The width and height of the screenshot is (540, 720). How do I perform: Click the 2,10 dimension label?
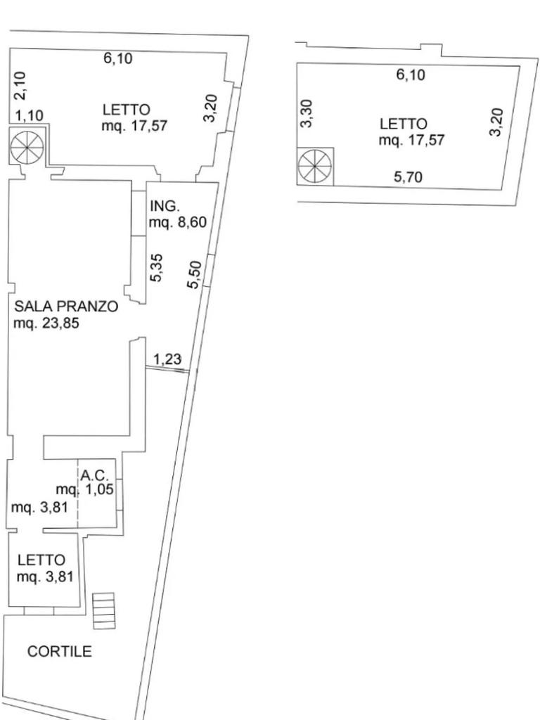click(20, 85)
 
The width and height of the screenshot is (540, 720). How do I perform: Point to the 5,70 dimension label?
click(409, 176)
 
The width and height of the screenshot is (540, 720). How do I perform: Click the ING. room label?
click(166, 206)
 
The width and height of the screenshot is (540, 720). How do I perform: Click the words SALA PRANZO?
click(66, 307)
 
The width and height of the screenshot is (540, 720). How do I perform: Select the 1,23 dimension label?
click(167, 359)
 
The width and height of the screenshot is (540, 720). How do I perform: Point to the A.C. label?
click(95, 476)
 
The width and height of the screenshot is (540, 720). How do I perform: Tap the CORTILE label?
click(60, 651)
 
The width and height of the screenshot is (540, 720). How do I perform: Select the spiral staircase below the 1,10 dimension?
click(27, 146)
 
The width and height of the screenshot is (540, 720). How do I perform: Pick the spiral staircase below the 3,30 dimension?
click(314, 167)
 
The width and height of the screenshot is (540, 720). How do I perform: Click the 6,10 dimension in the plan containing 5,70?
click(411, 75)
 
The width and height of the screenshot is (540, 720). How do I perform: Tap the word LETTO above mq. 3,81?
click(41, 560)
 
